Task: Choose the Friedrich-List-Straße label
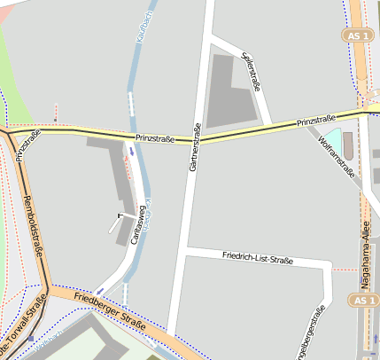(258, 259)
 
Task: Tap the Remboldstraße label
(34, 226)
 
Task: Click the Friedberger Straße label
(110, 311)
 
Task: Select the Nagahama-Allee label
(363, 252)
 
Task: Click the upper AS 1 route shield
(356, 35)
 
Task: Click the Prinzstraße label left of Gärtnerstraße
(155, 138)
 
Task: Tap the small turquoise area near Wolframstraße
(331, 140)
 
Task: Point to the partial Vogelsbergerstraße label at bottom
(314, 335)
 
